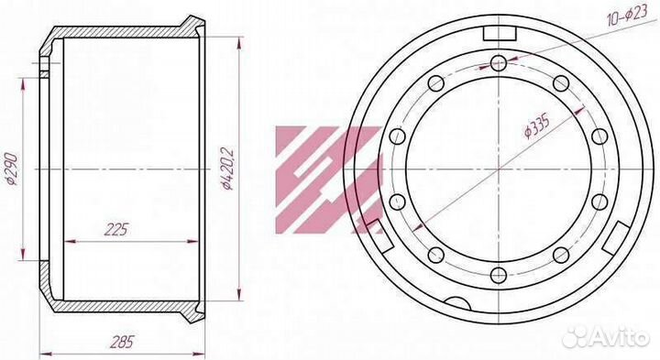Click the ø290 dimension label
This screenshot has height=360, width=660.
click(x=11, y=169)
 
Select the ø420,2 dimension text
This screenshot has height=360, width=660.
click(x=227, y=168)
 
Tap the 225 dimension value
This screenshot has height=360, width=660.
click(x=115, y=230)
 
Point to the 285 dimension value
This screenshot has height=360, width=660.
click(x=123, y=342)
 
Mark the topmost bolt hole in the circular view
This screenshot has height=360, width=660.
click(x=499, y=63)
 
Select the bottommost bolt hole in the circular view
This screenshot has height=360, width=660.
click(x=499, y=276)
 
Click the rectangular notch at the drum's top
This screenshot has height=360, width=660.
click(x=500, y=34)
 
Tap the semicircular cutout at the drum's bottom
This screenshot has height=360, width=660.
click(x=457, y=303)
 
